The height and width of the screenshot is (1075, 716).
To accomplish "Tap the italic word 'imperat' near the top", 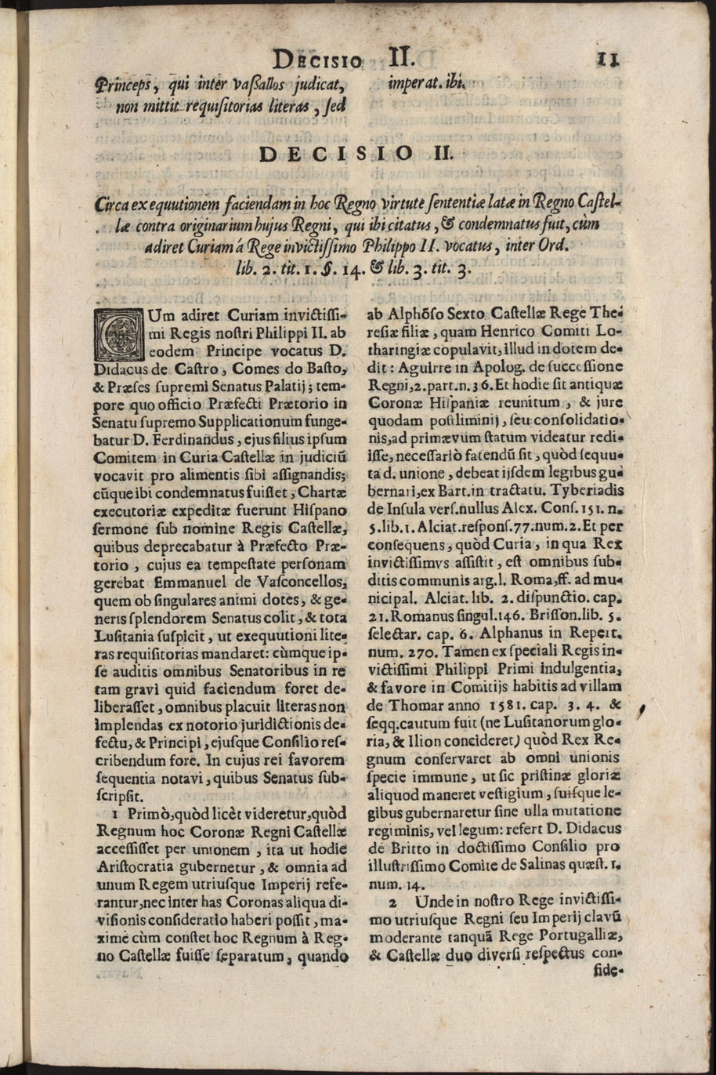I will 416,83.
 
